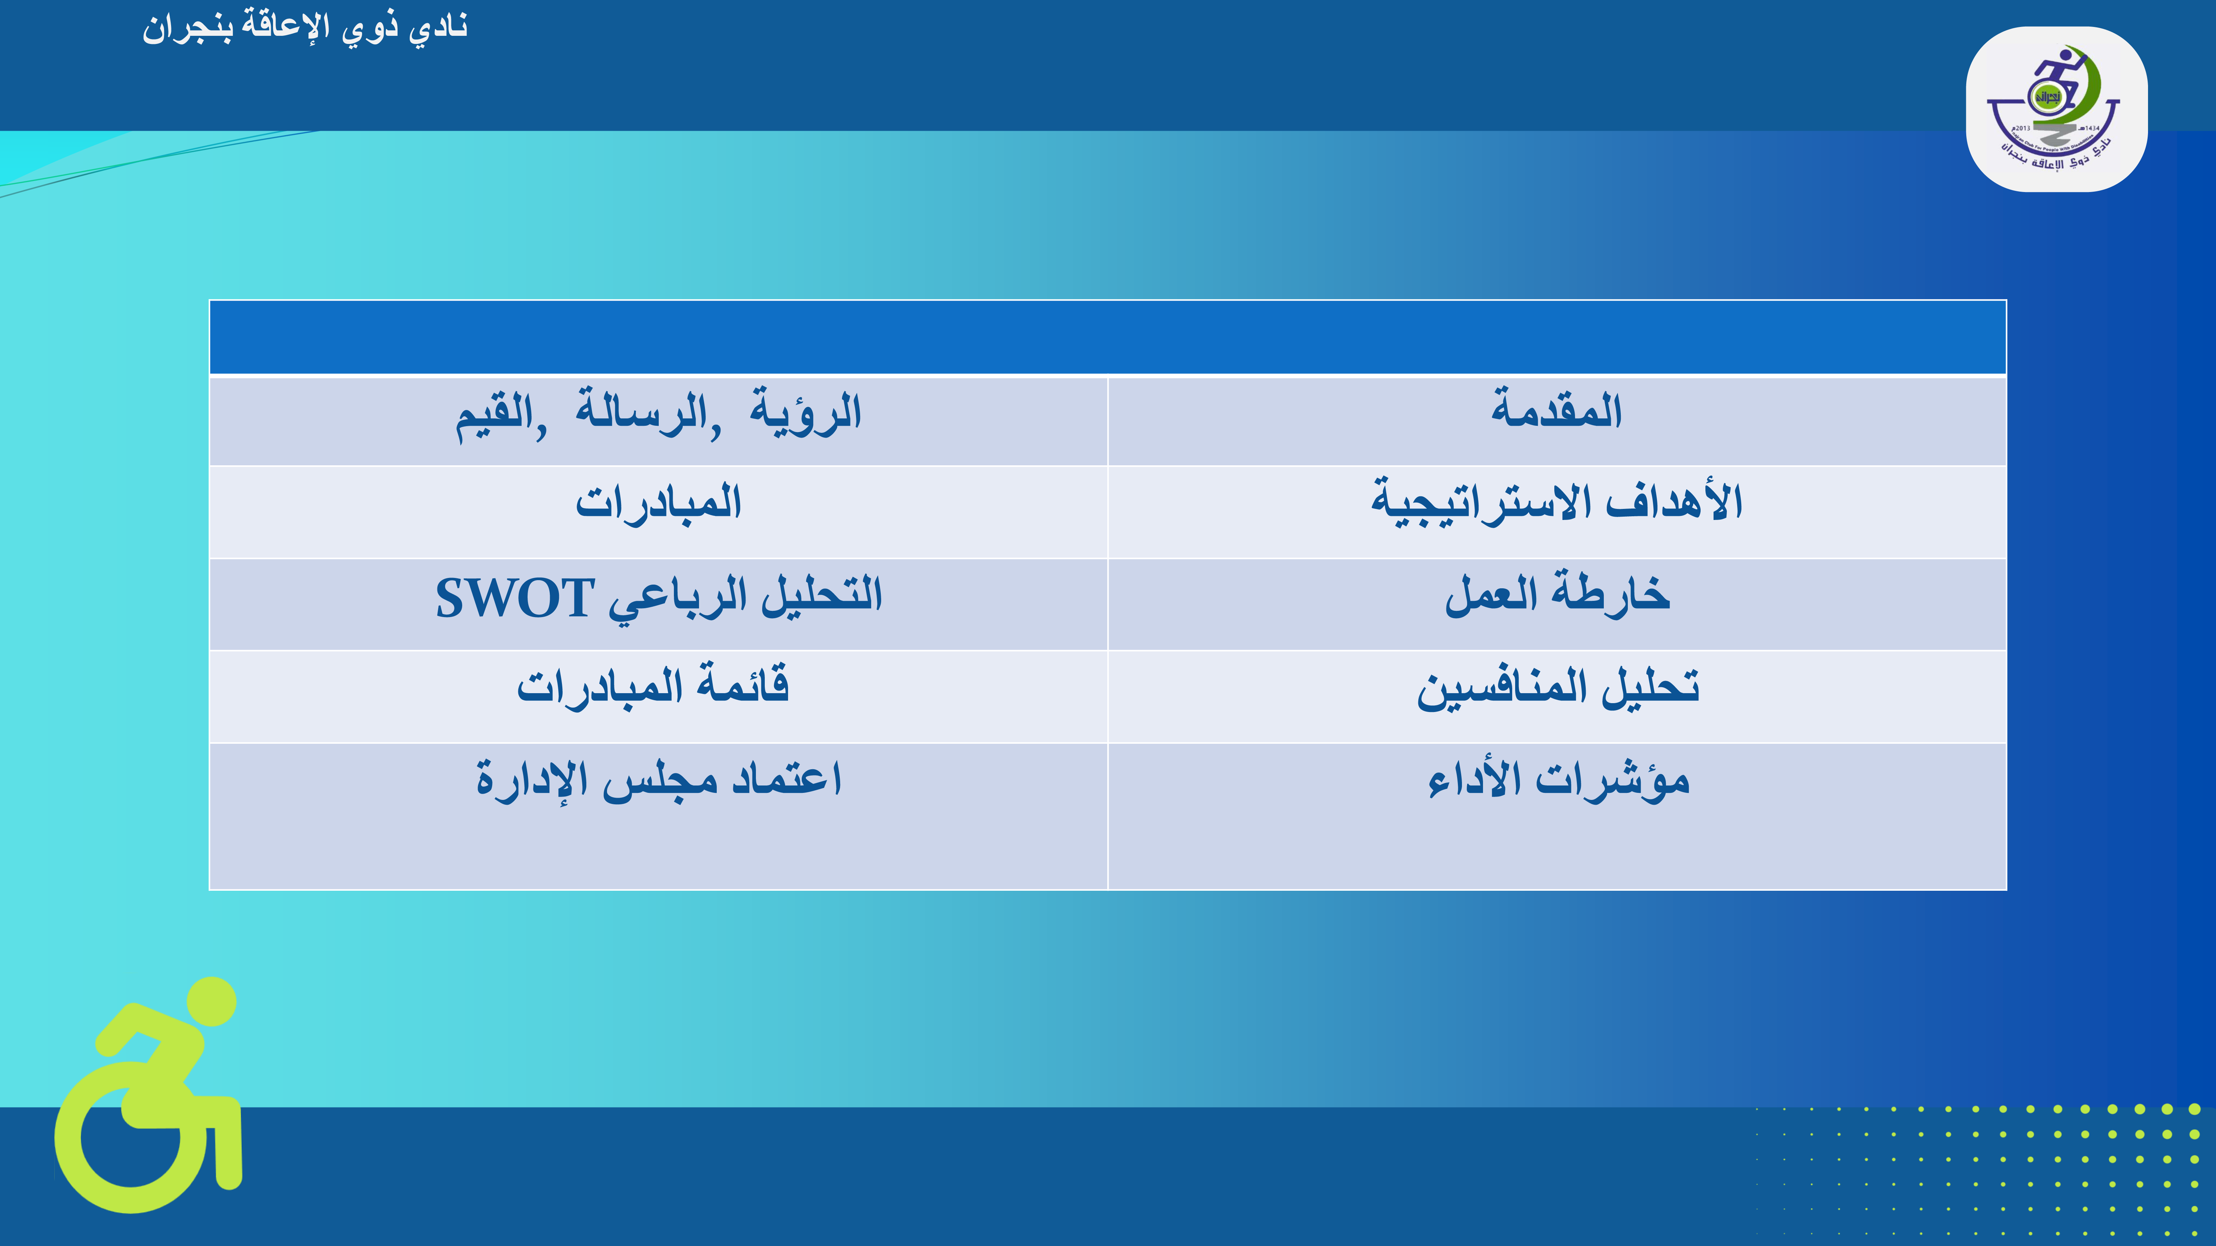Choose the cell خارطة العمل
(1557, 605)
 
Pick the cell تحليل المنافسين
(1557, 696)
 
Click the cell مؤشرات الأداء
(1557, 816)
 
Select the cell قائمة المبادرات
(658, 696)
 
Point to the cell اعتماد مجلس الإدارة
(658, 816)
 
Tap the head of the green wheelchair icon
(212, 1001)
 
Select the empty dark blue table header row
(1108, 337)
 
